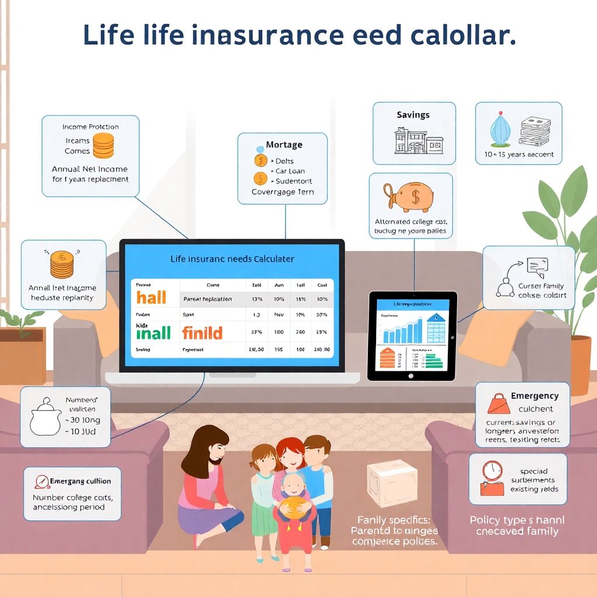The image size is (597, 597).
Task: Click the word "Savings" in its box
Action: (x=413, y=115)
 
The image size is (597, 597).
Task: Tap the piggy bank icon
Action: (x=410, y=196)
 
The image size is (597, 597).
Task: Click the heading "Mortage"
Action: (x=284, y=145)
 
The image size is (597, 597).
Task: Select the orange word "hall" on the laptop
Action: (x=152, y=297)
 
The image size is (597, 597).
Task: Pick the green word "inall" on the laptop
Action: (x=153, y=333)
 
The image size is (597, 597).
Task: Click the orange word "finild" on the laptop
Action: (x=202, y=333)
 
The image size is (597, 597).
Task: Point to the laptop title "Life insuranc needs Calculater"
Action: (x=232, y=258)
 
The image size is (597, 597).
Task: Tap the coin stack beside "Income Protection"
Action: (x=103, y=146)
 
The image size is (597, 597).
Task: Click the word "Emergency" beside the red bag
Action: (x=535, y=396)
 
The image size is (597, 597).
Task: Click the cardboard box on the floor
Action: (x=392, y=483)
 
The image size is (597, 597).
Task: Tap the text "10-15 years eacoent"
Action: (x=519, y=155)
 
